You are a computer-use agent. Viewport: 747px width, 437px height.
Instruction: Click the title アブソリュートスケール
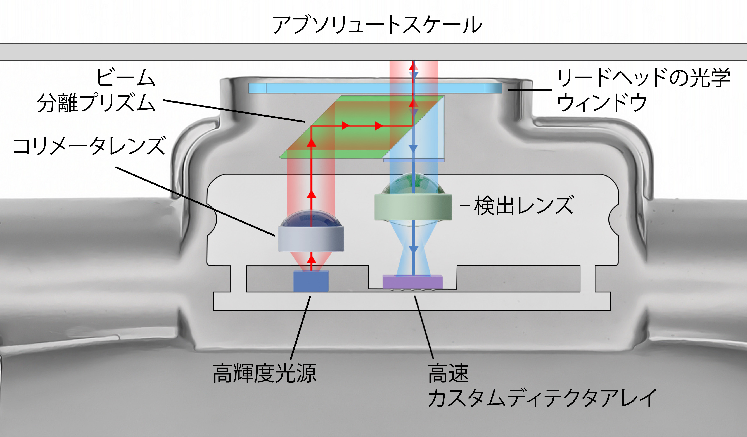pos(377,25)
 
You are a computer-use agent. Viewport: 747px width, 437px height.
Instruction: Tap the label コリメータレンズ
pos(89,146)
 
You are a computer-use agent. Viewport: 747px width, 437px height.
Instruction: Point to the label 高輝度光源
pos(264,373)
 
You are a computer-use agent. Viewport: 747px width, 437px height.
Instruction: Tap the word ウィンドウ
pos(602,103)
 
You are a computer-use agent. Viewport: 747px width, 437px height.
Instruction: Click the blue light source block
pos(311,281)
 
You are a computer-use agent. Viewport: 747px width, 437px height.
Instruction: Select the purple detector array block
pos(413,282)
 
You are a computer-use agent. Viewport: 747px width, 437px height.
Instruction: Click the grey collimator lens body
pos(311,239)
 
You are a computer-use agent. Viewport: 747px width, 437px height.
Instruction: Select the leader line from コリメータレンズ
pos(196,202)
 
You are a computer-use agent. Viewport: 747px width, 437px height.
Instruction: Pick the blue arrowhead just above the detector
pos(413,250)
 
